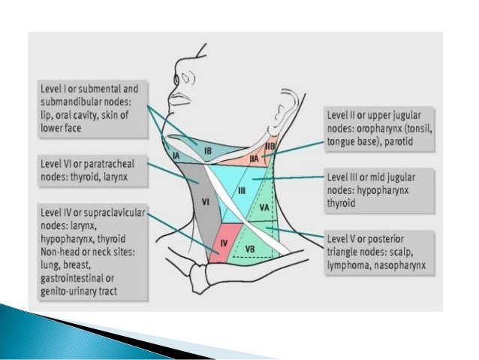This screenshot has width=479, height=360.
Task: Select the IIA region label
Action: coord(254,159)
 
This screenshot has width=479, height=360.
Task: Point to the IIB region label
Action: coord(271,144)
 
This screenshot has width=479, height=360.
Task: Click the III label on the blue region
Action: coord(241,192)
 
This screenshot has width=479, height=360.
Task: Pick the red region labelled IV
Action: coord(224,244)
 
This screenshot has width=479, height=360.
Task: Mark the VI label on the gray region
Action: coord(204,201)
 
